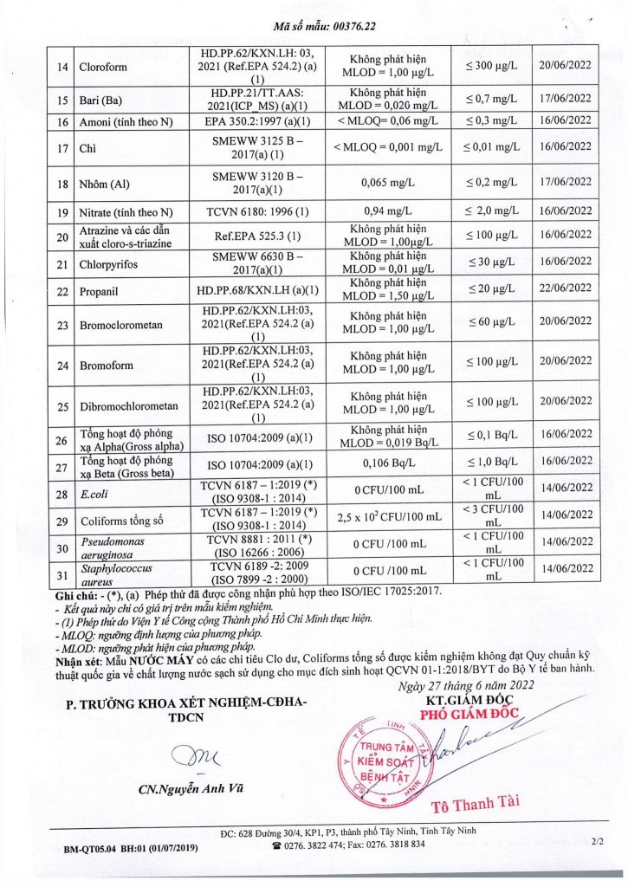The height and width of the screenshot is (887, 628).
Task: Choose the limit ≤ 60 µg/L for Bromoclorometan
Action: click(491, 324)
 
